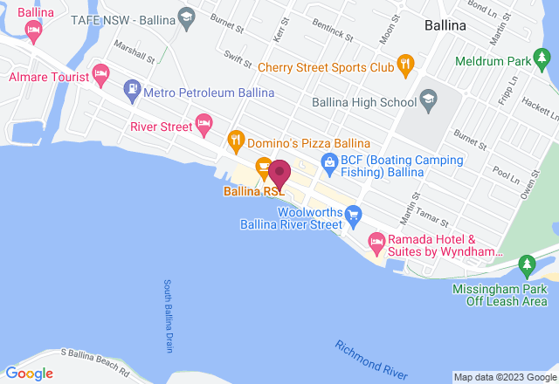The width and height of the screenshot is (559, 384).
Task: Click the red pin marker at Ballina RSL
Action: point(279,171)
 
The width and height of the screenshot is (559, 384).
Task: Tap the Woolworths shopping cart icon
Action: point(353,214)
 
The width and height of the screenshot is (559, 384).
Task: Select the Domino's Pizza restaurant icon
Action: point(235,139)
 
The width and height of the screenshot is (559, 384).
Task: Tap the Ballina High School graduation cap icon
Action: point(428,102)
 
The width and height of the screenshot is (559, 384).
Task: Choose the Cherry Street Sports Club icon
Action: point(404,65)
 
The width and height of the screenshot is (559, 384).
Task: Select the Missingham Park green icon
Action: point(526,263)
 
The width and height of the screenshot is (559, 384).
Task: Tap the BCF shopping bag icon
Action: point(328,161)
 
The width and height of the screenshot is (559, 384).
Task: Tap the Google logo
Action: point(31,374)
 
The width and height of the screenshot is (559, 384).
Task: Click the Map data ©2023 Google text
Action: point(505,378)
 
